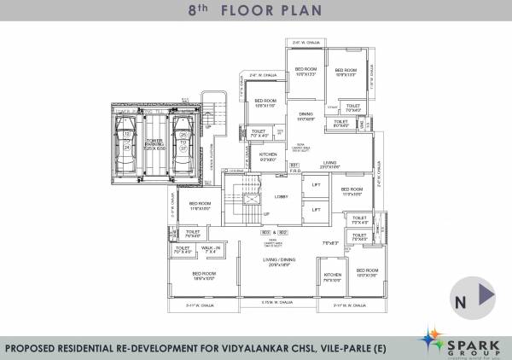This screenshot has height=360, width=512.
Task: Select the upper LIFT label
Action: (316, 185)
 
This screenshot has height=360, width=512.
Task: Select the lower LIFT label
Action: (316, 208)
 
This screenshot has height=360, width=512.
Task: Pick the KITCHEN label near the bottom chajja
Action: (332, 275)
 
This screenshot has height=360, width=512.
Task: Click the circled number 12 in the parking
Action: (127, 134)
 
